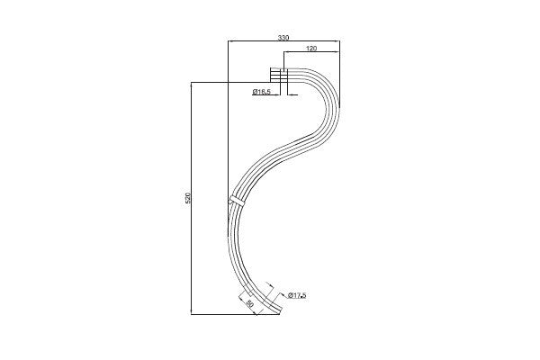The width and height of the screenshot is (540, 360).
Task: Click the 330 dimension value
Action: click(x=283, y=38)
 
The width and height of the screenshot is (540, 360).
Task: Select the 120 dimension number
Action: click(x=311, y=49)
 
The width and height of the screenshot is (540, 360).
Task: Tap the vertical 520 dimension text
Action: click(x=188, y=197)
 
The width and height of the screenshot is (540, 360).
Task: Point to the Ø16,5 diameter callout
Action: click(x=262, y=91)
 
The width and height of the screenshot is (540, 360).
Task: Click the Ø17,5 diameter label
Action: click(x=297, y=295)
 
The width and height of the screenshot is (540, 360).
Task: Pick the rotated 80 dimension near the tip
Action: click(x=250, y=304)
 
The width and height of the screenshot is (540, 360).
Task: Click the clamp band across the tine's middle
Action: click(x=236, y=200)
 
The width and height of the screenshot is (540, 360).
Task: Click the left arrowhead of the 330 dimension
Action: click(x=230, y=41)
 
